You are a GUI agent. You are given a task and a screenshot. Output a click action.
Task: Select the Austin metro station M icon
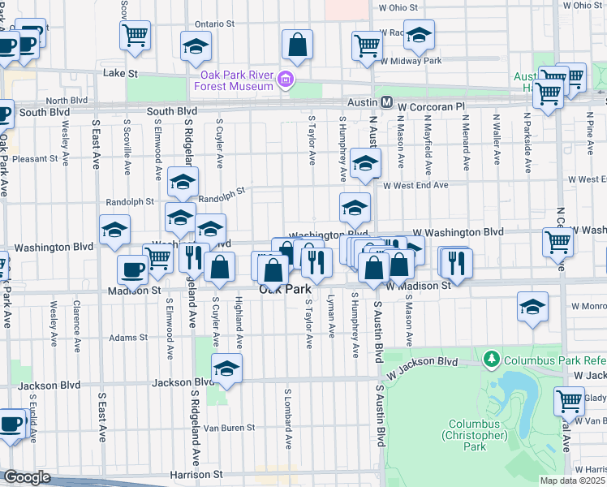pyautogui.click(x=387, y=103)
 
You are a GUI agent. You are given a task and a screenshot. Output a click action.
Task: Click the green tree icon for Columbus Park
pyautogui.click(x=490, y=358)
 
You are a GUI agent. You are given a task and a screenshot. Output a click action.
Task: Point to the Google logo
pyautogui.click(x=26, y=477)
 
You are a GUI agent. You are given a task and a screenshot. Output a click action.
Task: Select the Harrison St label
pyautogui.click(x=196, y=474)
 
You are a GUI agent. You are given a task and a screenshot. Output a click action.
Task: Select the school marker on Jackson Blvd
pyautogui.click(x=227, y=368)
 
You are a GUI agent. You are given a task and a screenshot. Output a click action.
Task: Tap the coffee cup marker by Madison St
pyautogui.click(x=132, y=269)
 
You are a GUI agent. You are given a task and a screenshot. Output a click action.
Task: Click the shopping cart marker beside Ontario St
pyautogui.click(x=135, y=35)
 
